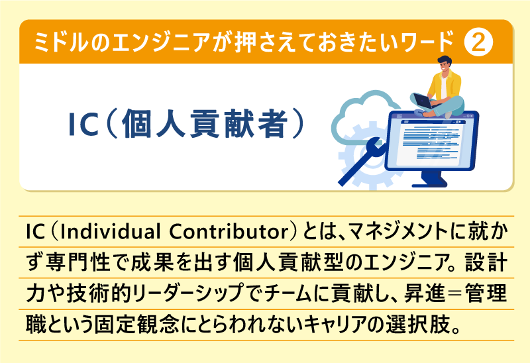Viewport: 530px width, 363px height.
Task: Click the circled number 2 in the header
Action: click(478, 43)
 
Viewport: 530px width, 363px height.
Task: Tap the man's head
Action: click(445, 66)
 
